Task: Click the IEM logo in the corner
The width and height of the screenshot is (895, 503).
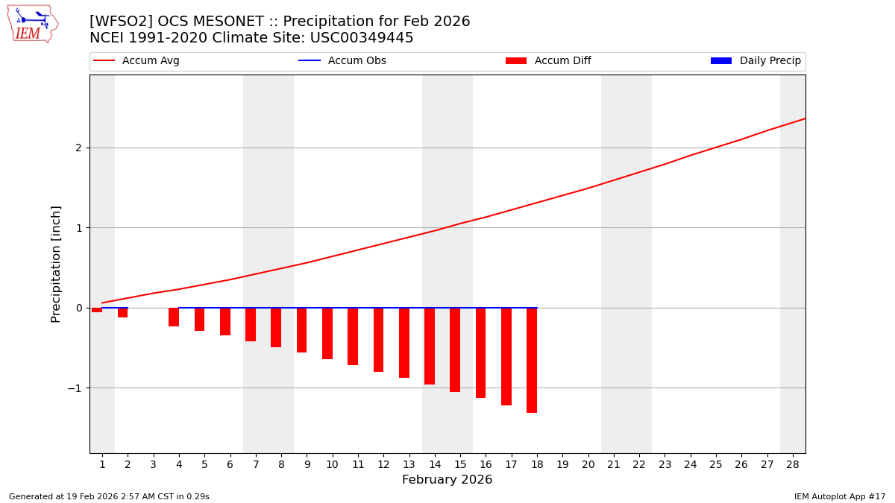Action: pyautogui.click(x=32, y=24)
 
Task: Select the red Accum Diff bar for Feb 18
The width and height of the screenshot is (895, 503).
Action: pyautogui.click(x=532, y=360)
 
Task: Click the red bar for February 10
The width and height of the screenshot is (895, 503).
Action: pyautogui.click(x=327, y=333)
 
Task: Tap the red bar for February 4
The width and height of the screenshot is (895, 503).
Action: pyautogui.click(x=174, y=317)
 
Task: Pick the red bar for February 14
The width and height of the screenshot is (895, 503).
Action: pyautogui.click(x=430, y=346)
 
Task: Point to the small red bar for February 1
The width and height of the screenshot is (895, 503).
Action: pyautogui.click(x=97, y=310)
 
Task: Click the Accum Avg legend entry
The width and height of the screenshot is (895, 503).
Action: pyautogui.click(x=136, y=61)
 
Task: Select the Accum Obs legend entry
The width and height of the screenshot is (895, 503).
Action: pyautogui.click(x=342, y=61)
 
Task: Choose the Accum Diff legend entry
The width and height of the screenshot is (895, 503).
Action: pyautogui.click(x=548, y=61)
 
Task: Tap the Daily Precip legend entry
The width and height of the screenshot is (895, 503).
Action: pyautogui.click(x=756, y=61)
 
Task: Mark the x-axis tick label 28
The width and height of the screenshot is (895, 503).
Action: pyautogui.click(x=793, y=464)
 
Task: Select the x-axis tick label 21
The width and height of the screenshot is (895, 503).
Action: pyautogui.click(x=614, y=464)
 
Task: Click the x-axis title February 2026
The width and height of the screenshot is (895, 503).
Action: pyautogui.click(x=447, y=480)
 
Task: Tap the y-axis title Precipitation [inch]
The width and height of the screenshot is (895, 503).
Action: pyautogui.click(x=56, y=264)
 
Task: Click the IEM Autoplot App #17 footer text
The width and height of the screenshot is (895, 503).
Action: pyautogui.click(x=839, y=496)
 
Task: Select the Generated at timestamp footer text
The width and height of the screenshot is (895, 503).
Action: pyautogui.click(x=109, y=496)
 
